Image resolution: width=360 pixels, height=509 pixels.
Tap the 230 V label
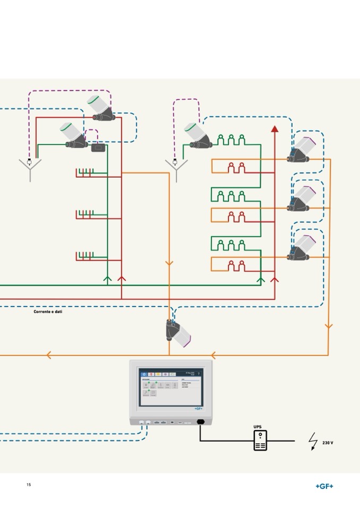328,443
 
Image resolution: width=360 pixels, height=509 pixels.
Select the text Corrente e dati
48,312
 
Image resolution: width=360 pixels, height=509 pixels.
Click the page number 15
29,485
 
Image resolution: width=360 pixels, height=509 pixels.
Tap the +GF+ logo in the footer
324,486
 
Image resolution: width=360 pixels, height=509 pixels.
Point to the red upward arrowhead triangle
275,128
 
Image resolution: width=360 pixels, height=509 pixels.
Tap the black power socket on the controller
201,422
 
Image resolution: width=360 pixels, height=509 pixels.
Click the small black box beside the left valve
98,148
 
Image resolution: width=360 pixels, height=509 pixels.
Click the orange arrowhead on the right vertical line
328,326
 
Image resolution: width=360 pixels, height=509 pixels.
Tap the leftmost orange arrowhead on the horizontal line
49,355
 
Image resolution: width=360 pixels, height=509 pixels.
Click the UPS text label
258,426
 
